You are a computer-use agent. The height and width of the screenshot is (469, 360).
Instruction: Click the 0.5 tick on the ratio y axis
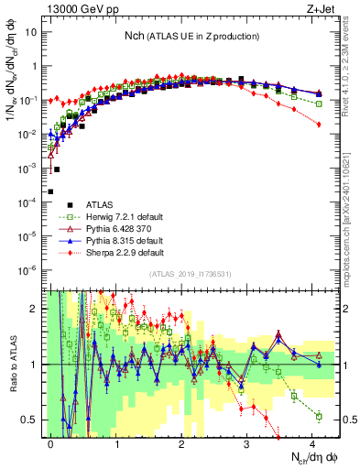(x=30, y=420)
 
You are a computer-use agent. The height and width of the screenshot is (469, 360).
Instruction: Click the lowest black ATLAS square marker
(x=50, y=191)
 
